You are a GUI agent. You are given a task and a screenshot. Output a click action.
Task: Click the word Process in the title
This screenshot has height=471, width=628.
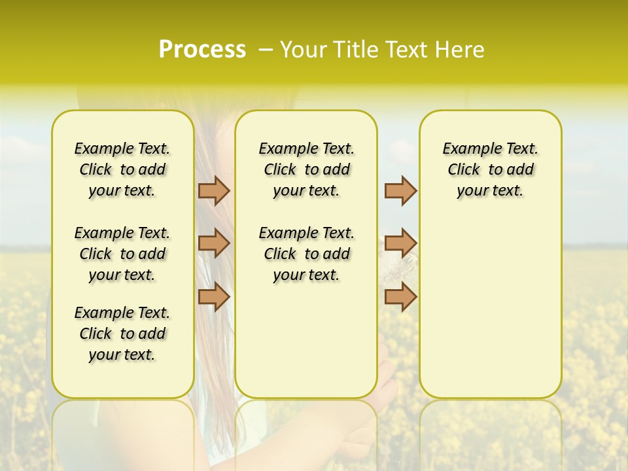202,50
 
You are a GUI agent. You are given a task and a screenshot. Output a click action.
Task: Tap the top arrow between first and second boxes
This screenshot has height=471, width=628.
214,190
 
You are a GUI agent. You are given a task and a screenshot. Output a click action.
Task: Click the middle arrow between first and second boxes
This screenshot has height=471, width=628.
214,243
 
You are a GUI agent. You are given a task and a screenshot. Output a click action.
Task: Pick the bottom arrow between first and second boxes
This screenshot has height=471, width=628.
214,297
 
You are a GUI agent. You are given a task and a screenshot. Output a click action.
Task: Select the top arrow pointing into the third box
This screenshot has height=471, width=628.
400,190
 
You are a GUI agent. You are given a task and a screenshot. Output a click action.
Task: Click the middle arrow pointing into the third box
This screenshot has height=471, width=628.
400,243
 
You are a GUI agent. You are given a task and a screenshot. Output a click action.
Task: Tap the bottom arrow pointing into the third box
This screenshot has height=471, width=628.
400,297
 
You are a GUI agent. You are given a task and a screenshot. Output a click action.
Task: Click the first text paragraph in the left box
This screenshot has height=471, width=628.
122,169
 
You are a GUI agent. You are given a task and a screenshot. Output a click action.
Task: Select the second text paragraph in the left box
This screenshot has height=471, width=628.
122,254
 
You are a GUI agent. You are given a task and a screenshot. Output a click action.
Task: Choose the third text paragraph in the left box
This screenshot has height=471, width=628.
122,334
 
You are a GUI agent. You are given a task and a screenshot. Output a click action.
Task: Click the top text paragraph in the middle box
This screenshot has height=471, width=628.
306,169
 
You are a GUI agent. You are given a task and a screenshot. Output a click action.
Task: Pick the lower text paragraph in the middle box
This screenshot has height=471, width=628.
306,254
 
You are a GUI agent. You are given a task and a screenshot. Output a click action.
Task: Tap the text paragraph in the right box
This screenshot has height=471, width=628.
491,169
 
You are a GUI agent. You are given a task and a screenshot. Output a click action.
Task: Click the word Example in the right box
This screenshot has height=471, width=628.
468,149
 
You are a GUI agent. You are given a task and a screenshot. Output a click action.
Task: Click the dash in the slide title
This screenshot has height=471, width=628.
266,50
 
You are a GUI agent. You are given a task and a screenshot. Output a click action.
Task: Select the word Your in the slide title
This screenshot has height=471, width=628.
302,50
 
